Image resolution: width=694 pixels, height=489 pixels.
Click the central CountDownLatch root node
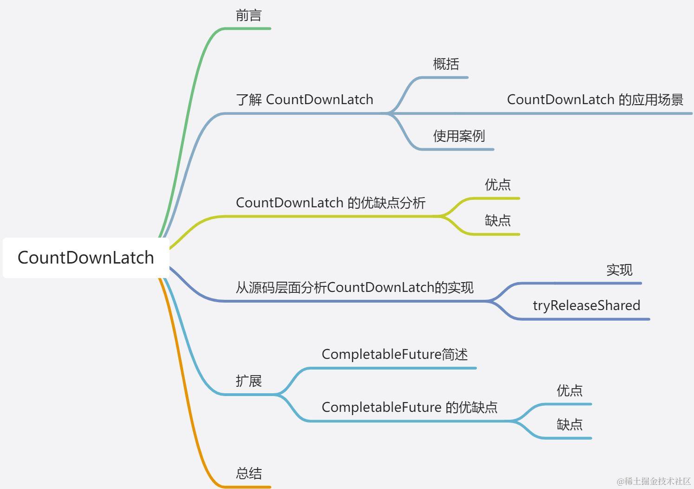point(85,258)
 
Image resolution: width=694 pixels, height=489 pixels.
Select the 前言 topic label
point(249,16)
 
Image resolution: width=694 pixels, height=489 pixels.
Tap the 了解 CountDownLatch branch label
point(304,99)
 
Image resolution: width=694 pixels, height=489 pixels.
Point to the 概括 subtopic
point(446,64)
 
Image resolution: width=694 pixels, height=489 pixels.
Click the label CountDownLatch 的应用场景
point(595,99)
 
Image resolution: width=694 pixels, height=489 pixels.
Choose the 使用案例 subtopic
point(459,136)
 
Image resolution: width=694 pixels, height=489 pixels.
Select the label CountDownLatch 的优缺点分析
point(330,203)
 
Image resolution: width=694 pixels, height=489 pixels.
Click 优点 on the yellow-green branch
point(498,185)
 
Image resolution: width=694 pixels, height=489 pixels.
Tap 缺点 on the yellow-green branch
point(498,220)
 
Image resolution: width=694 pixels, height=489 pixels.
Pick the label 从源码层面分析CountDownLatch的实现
point(354,287)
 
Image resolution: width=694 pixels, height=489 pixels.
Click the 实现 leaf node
point(619,270)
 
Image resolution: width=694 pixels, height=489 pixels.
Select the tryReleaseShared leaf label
point(586,305)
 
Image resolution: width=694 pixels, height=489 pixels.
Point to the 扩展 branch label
point(249,381)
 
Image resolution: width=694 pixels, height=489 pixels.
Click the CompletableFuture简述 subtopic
point(394,354)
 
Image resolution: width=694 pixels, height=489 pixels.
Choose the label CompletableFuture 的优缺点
point(409,407)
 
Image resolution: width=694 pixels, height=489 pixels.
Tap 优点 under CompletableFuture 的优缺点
point(570,390)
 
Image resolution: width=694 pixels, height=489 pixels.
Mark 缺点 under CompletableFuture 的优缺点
point(570,424)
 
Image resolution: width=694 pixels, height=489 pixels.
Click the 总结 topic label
point(249,474)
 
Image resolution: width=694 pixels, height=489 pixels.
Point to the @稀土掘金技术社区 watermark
point(654,481)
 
